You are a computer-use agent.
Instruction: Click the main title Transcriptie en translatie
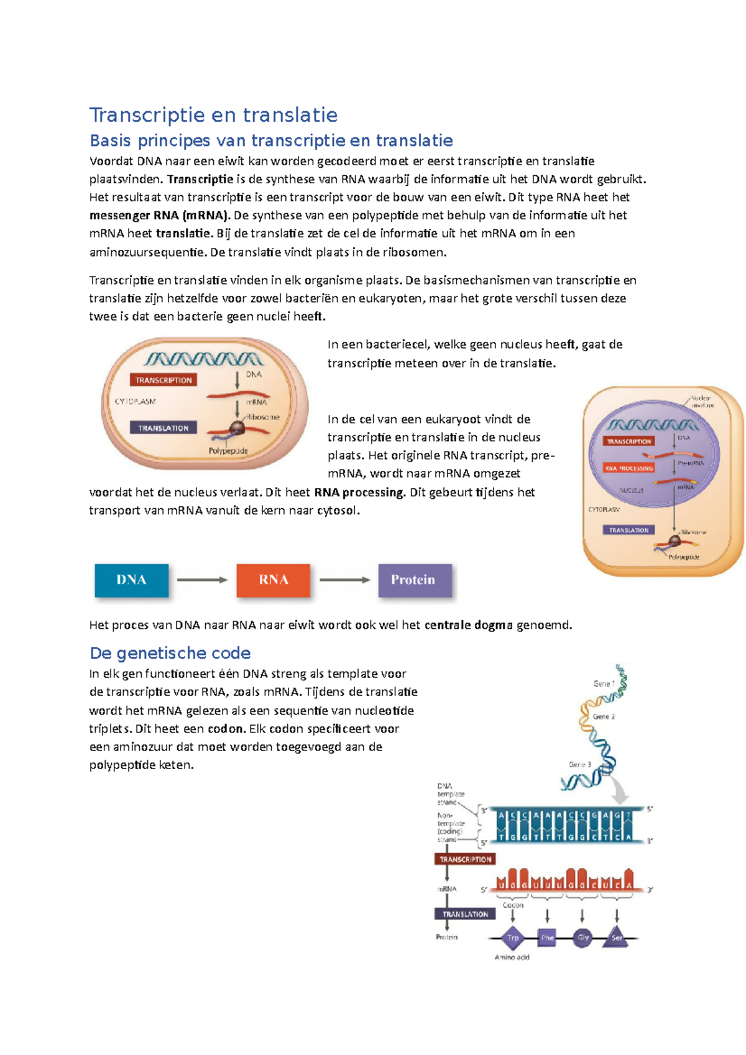click(213, 115)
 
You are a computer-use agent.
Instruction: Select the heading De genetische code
click(170, 653)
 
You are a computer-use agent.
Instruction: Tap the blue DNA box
click(131, 580)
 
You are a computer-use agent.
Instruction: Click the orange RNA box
click(273, 580)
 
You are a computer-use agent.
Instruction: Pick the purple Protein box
click(414, 580)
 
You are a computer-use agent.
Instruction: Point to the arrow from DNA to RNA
click(202, 580)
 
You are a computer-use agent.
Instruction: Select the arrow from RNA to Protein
click(344, 580)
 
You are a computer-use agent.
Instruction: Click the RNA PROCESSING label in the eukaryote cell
click(629, 468)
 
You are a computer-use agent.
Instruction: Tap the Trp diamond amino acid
click(513, 938)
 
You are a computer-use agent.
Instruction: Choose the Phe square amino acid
click(547, 938)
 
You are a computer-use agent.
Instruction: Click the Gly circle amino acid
click(583, 938)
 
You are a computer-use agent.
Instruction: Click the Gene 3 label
click(579, 764)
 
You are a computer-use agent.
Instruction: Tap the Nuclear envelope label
click(702, 401)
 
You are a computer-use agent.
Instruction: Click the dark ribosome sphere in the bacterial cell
click(237, 427)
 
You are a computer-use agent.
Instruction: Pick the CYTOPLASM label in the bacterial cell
click(135, 401)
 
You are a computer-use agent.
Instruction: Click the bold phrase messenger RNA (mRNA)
click(159, 216)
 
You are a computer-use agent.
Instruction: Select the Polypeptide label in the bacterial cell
click(228, 450)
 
